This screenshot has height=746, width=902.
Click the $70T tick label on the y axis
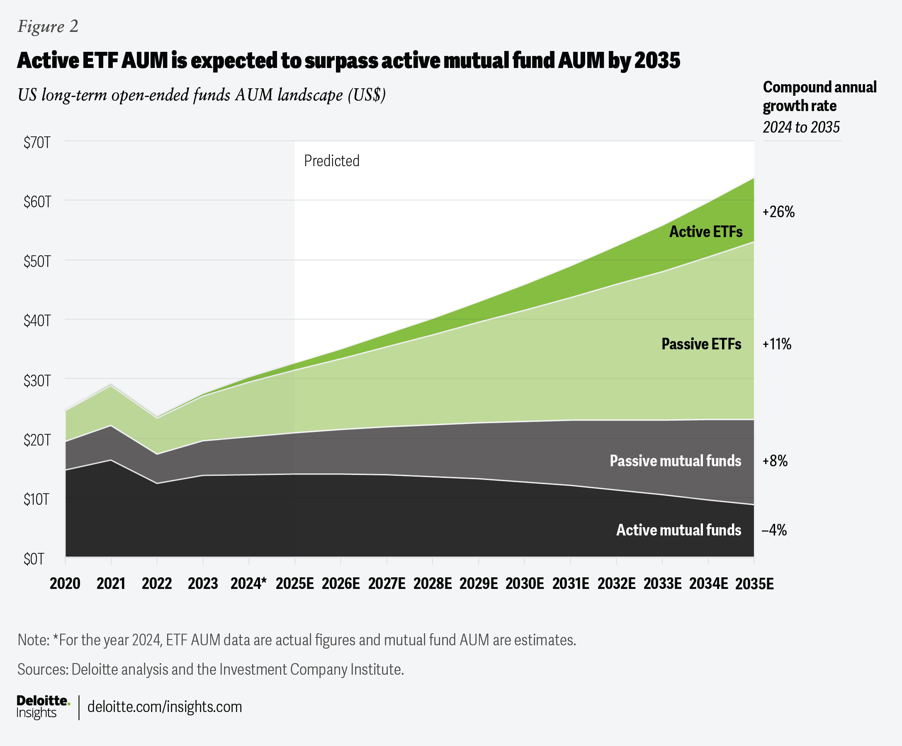[x=37, y=143]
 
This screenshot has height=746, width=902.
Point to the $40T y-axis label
[x=37, y=321]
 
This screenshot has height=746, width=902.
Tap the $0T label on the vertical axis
[x=34, y=559]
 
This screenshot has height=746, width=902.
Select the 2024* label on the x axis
[x=248, y=584]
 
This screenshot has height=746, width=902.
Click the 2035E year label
[x=754, y=584]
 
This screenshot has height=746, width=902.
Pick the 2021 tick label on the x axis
[x=111, y=584]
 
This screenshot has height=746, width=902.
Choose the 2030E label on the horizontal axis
[x=525, y=584]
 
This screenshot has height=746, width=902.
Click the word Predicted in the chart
[x=332, y=161]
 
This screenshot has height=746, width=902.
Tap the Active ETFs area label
[x=706, y=232]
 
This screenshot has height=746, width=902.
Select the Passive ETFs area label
[x=701, y=344]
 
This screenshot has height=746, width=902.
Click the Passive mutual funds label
[x=675, y=461]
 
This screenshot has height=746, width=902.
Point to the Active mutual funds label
[x=678, y=530]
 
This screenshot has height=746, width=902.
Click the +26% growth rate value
[x=778, y=212]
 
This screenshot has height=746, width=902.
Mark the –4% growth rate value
[x=774, y=530]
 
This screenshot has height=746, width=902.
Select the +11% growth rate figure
[x=777, y=344]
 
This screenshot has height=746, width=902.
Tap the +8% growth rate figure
[x=775, y=461]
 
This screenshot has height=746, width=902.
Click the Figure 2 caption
[x=48, y=27]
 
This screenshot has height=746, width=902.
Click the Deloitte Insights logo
[x=43, y=707]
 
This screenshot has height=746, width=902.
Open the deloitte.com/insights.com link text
[x=165, y=707]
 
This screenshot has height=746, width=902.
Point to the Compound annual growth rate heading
[x=819, y=97]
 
